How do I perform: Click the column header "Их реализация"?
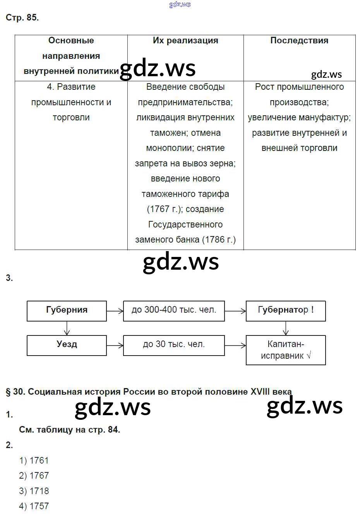(x=185, y=41)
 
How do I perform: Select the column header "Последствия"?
(x=299, y=41)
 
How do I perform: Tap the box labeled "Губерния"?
(x=67, y=311)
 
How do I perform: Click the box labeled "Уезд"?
(x=67, y=345)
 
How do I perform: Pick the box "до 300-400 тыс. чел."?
(x=174, y=311)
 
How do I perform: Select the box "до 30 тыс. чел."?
(x=174, y=345)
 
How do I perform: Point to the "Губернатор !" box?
(x=286, y=311)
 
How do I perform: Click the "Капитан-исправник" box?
(x=286, y=350)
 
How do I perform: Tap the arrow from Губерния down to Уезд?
(x=67, y=328)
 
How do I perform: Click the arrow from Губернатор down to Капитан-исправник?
(x=286, y=328)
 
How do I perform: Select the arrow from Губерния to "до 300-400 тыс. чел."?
(x=115, y=311)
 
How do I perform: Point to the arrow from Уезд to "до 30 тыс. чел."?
(x=115, y=345)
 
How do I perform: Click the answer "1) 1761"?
(x=34, y=460)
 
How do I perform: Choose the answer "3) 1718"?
(x=34, y=491)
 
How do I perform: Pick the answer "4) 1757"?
(x=34, y=506)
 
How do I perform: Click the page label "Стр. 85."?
(x=22, y=18)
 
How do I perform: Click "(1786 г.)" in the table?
(x=219, y=240)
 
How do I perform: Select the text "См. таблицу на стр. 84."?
(x=69, y=430)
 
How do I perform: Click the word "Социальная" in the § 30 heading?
(x=50, y=392)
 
